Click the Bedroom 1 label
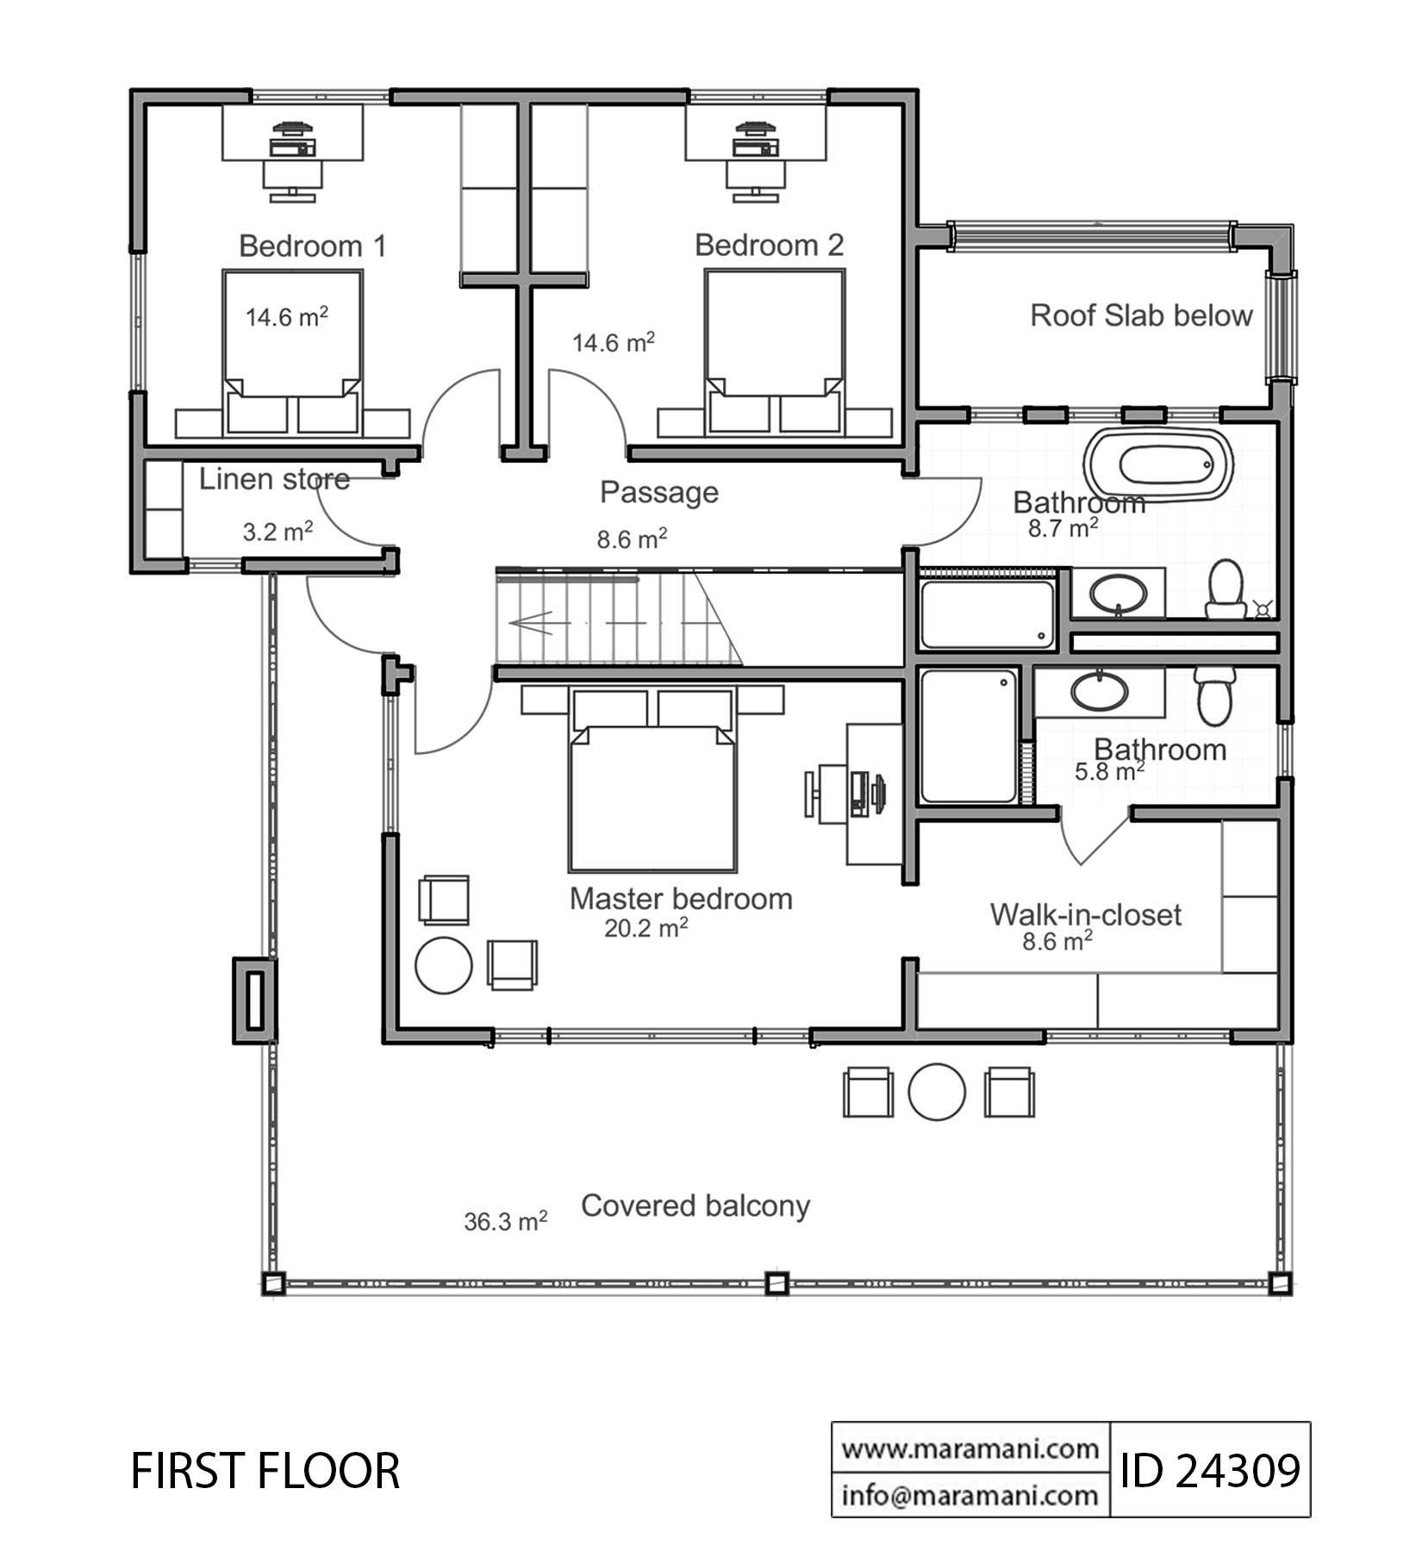[x=312, y=246]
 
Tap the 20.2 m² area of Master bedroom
[x=646, y=928]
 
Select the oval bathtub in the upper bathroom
[x=1161, y=465]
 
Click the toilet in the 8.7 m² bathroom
[x=1225, y=589]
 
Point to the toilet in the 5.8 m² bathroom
[x=1215, y=695]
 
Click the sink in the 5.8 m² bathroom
[x=1100, y=690]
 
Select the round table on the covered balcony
[x=937, y=1092]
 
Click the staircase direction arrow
[x=533, y=621]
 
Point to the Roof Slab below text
[x=1141, y=315]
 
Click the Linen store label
[x=274, y=479]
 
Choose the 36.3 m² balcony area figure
[x=506, y=1222]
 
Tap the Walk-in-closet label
[x=1085, y=914]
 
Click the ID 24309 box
[x=1210, y=1471]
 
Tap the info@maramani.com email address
[x=970, y=1495]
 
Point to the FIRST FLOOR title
[x=265, y=1472]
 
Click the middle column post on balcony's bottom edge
[x=776, y=1283]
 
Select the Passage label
[x=659, y=492]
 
